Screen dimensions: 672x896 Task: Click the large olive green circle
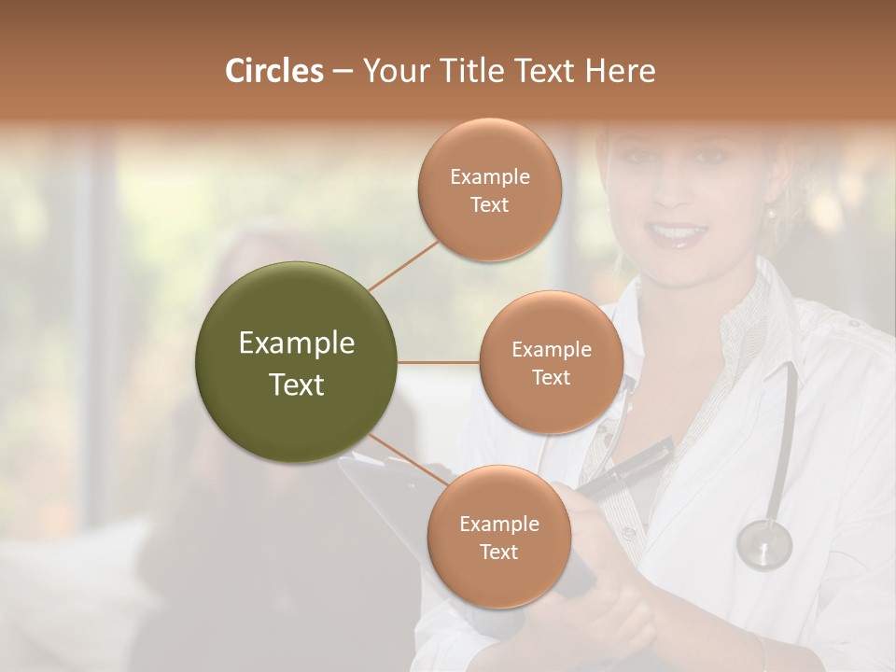click(297, 362)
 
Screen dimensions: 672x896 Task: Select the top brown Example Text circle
click(490, 189)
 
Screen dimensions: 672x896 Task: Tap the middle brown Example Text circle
click(552, 362)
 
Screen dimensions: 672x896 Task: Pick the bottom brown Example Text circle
click(498, 537)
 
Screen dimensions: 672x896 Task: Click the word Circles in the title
click(273, 71)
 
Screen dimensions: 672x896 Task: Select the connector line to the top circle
click(403, 266)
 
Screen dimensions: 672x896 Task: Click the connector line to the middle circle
click(439, 362)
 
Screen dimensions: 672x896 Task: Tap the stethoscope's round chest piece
click(764, 544)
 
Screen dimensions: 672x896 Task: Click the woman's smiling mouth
click(679, 232)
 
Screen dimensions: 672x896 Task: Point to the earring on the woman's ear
click(772, 214)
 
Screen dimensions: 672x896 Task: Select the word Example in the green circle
click(297, 343)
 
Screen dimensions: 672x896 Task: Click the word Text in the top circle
click(489, 204)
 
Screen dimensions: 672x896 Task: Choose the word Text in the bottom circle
click(498, 552)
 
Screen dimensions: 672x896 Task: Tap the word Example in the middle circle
click(552, 349)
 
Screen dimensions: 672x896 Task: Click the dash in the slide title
click(342, 71)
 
